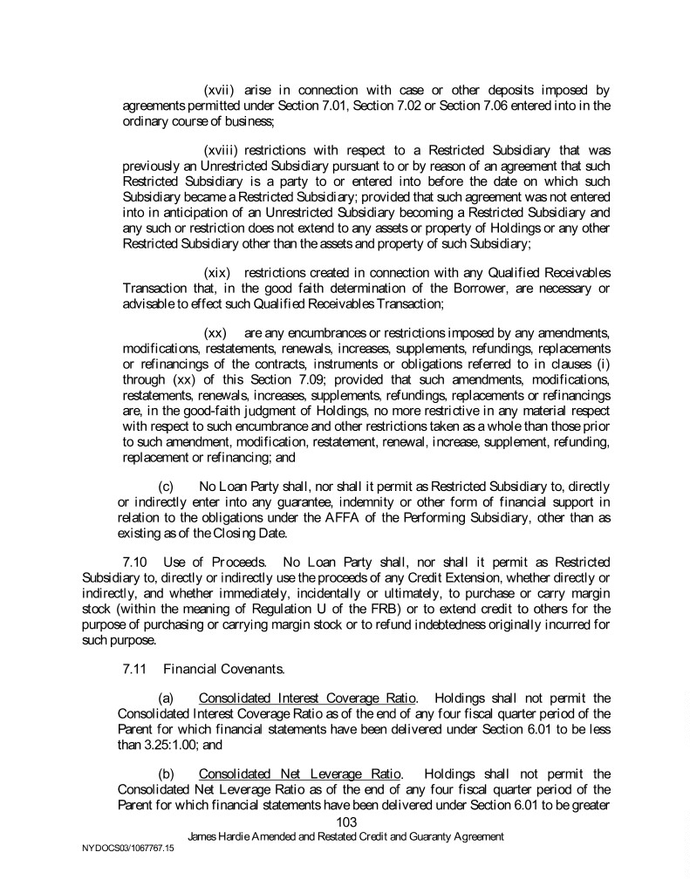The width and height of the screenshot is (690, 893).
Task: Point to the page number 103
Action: coord(345,821)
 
